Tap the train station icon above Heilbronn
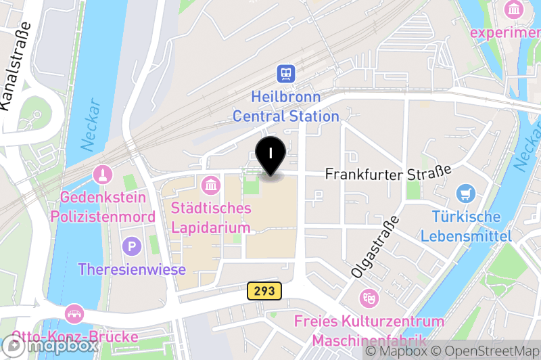point(286,73)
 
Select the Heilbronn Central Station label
point(286,106)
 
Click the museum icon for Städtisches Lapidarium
point(211,184)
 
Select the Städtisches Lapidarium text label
point(211,217)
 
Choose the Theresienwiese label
point(132,269)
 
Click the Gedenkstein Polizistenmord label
point(103,207)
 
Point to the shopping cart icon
point(466,194)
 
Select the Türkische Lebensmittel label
point(466,226)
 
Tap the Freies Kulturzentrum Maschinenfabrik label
point(369,330)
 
